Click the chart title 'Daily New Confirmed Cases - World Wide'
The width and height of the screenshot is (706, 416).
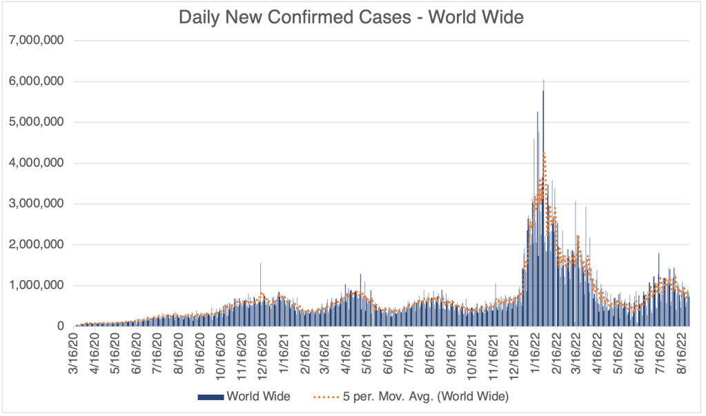pos(351,17)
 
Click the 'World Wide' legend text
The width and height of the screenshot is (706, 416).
pos(258,397)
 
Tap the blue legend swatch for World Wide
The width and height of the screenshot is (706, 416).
pos(211,397)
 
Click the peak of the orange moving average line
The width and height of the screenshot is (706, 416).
pos(545,153)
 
